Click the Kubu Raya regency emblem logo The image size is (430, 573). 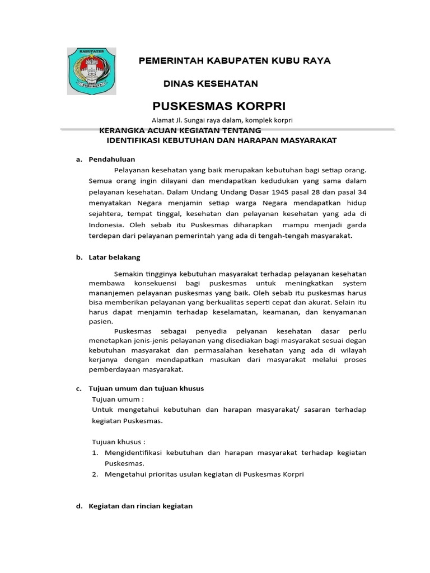(x=91, y=71)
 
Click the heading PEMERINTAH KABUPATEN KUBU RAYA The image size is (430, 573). (x=235, y=60)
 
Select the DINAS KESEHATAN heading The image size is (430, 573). (x=211, y=83)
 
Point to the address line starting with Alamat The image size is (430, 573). (x=222, y=120)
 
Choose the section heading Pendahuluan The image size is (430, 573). (x=112, y=159)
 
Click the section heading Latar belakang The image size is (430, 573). (x=114, y=257)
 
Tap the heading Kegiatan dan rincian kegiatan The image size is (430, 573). (x=141, y=506)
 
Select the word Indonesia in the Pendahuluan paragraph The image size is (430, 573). (x=106, y=225)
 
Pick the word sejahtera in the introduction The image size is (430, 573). (x=106, y=214)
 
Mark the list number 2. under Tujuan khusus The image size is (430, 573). (x=95, y=475)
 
